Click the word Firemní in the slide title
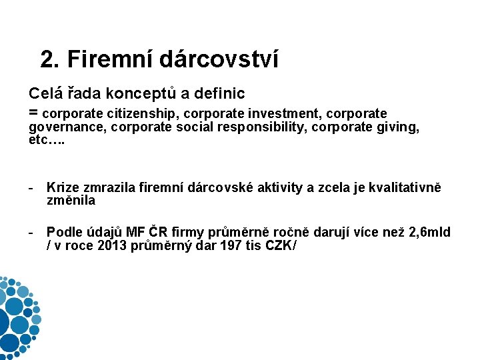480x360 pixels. point(111,59)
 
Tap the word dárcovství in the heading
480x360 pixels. point(219,59)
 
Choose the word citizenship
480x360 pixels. point(144,113)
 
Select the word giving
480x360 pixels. point(399,127)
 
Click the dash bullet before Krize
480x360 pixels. point(31,189)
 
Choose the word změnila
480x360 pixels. point(71,200)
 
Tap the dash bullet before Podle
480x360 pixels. point(31,232)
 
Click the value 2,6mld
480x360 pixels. point(429,232)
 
